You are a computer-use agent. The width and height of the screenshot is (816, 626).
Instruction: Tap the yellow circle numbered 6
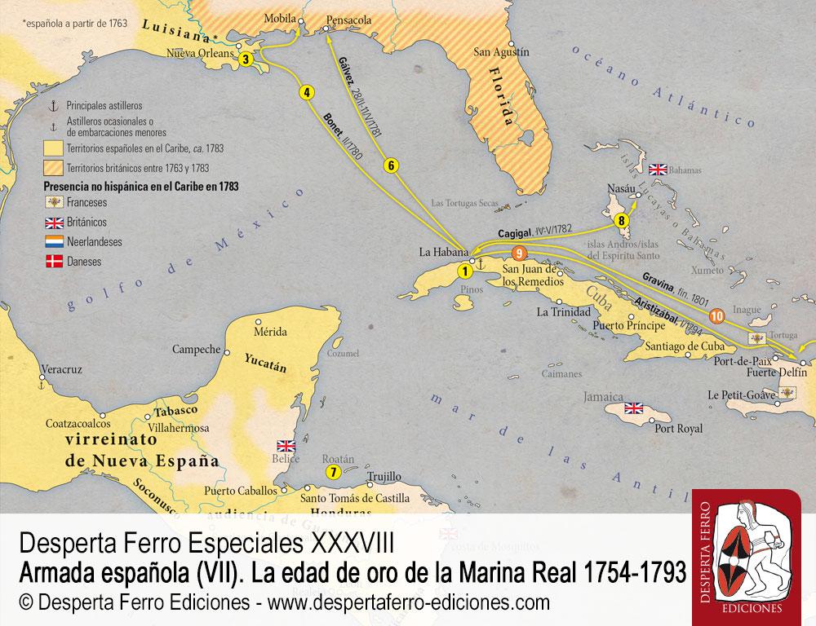pos(391,165)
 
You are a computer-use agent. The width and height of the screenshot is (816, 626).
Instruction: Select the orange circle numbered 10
pos(716,316)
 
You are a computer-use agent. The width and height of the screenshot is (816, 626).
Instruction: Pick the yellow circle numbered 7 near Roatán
pos(332,472)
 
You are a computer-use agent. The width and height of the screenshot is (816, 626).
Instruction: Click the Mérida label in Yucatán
pos(271,332)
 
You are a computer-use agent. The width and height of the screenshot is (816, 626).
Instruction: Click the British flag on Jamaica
pos(635,408)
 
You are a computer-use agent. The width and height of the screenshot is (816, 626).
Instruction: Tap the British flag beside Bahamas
pos(658,170)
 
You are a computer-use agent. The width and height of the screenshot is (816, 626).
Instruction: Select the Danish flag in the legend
pos(53,262)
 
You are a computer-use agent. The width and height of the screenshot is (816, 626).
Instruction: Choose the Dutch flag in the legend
pos(53,242)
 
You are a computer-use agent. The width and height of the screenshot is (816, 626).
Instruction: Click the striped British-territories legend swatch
pos(53,167)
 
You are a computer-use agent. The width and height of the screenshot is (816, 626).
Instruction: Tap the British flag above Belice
pos(286,445)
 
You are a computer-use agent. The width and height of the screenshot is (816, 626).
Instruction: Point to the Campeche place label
pos(196,349)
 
